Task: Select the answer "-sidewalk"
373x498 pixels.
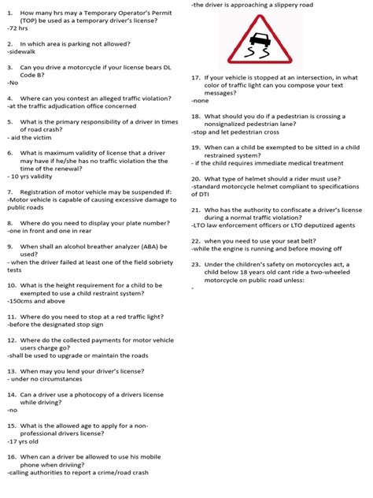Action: (x=22, y=52)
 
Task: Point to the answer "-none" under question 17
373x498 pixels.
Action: (x=201, y=101)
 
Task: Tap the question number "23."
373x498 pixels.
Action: (x=197, y=265)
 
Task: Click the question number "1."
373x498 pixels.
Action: (x=10, y=13)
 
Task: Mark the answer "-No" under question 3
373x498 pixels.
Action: (x=13, y=82)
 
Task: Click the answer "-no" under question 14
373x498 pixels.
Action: (x=12, y=411)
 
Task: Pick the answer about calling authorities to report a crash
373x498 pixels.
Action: (x=78, y=473)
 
